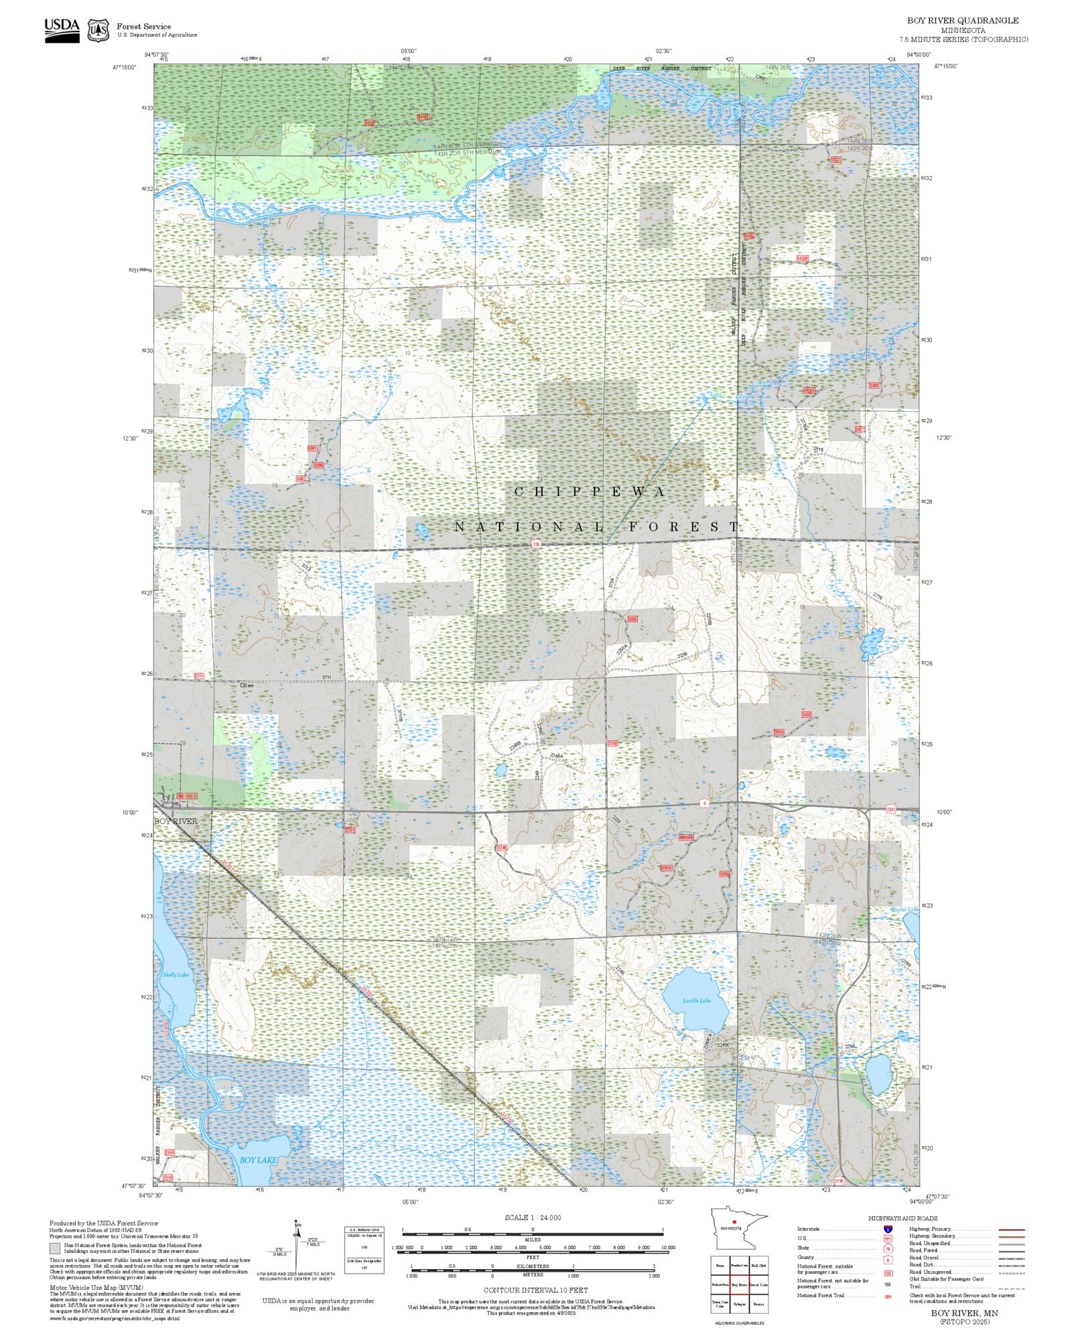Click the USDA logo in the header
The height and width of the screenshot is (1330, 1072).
tap(62, 30)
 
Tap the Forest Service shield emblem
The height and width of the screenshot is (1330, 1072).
tap(98, 30)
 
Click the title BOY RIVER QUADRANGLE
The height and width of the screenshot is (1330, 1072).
tap(963, 21)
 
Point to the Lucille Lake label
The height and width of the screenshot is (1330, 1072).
tap(696, 1001)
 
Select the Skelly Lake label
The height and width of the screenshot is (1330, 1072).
tap(176, 975)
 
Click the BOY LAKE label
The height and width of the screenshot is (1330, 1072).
tap(258, 1160)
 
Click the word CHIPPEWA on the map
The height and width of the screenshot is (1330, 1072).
tap(590, 492)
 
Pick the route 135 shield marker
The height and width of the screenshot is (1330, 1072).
tap(535, 544)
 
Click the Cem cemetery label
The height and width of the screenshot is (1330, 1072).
tap(247, 686)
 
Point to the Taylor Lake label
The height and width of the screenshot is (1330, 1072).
tap(904, 909)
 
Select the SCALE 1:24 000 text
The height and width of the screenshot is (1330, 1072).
tap(533, 1217)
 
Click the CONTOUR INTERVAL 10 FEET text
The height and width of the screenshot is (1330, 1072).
tap(535, 1290)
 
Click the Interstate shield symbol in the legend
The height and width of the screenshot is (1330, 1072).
tap(888, 1230)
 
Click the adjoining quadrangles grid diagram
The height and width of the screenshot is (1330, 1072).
tap(739, 1284)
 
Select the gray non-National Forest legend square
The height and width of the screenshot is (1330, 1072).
tap(55, 1248)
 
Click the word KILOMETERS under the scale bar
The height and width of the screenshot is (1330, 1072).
tap(533, 1266)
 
